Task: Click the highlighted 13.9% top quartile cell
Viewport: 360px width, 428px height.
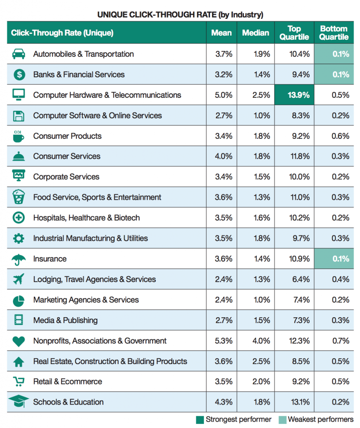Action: pos(294,95)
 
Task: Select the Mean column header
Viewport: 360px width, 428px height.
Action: pos(221,33)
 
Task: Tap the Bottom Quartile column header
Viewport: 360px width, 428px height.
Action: pos(334,33)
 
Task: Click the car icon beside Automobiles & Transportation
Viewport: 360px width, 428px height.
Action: pos(18,54)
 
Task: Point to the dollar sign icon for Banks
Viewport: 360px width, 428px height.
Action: pos(19,74)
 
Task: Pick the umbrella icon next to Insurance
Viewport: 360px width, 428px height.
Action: pos(18,259)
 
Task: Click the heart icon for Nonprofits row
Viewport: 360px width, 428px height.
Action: pos(18,341)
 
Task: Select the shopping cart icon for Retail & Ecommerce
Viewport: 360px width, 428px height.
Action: pos(18,381)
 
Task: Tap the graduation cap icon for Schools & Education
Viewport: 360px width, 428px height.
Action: pos(18,402)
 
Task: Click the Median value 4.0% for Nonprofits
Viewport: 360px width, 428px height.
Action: pos(261,341)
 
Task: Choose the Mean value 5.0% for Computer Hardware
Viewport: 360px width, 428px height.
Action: pos(223,95)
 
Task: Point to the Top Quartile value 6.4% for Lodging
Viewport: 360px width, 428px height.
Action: pos(301,279)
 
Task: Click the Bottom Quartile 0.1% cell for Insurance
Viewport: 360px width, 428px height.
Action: pos(334,258)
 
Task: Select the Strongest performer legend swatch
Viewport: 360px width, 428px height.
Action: pos(200,420)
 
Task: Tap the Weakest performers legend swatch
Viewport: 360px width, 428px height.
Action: pos(283,420)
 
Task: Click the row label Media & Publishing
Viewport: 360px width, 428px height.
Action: pos(66,320)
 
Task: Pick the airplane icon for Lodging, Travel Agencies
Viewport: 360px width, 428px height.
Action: pos(18,279)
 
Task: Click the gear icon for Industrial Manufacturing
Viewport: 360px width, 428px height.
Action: pos(18,238)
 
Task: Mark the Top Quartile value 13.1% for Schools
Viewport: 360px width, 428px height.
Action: pos(299,402)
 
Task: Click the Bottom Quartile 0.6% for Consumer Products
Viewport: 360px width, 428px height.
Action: pos(340,136)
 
